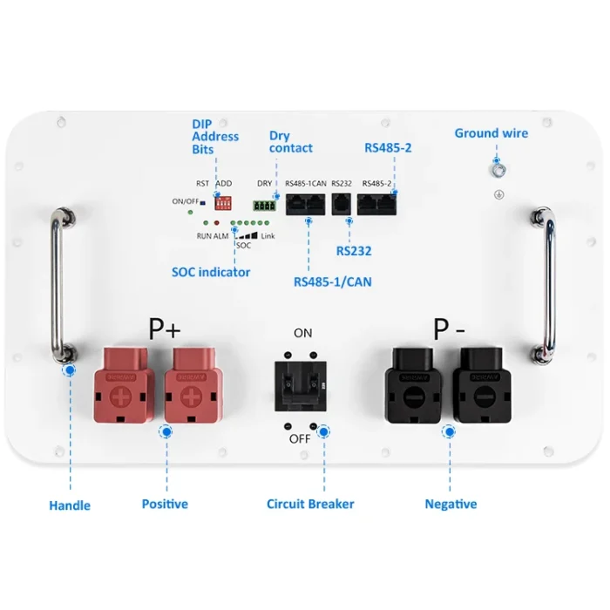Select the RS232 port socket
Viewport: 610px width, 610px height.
pos(341,204)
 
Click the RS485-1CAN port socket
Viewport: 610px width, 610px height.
pos(306,204)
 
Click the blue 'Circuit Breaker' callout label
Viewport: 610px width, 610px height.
pos(310,504)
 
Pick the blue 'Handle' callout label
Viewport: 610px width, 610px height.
pos(70,505)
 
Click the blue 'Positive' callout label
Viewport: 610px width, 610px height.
pos(165,504)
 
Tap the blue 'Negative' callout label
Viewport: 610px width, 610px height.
pos(451,504)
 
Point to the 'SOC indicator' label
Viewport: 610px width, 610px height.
pos(211,272)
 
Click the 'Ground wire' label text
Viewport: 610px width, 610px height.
pos(491,133)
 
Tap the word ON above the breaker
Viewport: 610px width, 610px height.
pos(302,333)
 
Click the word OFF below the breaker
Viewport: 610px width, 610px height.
pos(300,438)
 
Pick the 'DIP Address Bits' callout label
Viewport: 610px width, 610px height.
pos(215,137)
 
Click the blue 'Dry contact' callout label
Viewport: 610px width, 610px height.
pos(290,142)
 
